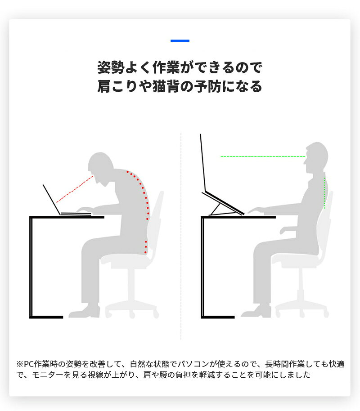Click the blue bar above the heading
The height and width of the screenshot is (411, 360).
(x=180, y=40)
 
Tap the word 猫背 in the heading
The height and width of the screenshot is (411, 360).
(x=166, y=86)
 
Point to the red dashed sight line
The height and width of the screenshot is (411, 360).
(x=75, y=189)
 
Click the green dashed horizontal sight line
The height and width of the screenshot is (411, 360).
(x=263, y=156)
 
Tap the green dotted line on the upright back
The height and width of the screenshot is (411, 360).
(x=324, y=193)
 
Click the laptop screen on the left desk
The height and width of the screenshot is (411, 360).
(x=52, y=200)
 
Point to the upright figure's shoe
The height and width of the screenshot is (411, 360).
(x=256, y=311)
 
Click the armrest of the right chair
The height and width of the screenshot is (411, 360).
(x=288, y=230)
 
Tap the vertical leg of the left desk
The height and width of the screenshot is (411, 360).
(x=31, y=267)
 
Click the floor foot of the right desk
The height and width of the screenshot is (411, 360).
(x=218, y=317)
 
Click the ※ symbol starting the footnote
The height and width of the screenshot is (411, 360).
(x=20, y=364)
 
